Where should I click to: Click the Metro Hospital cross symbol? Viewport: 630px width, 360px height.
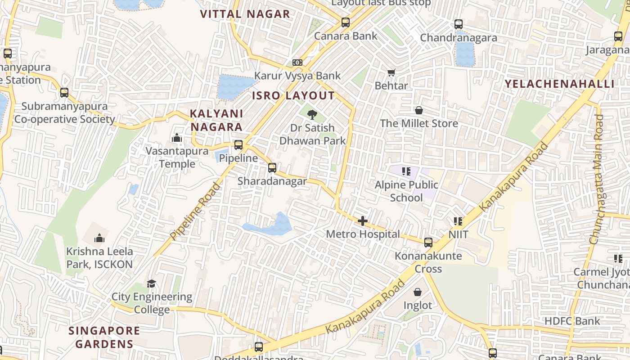click(x=362, y=221)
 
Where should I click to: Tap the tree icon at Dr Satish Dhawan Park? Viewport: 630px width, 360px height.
click(x=312, y=115)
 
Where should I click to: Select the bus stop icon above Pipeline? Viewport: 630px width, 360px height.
click(x=238, y=145)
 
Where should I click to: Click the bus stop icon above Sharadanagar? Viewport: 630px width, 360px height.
click(x=272, y=168)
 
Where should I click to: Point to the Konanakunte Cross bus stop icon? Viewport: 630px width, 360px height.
click(x=428, y=243)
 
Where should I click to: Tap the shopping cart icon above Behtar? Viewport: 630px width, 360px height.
click(x=391, y=72)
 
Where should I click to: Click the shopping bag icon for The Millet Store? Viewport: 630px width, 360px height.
click(x=419, y=110)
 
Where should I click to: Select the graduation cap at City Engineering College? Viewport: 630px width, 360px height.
click(x=152, y=283)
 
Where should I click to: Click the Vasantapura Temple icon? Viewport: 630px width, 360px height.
click(x=177, y=138)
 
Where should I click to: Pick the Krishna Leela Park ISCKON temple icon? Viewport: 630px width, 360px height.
click(x=99, y=238)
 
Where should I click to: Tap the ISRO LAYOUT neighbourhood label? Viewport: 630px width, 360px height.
click(x=293, y=95)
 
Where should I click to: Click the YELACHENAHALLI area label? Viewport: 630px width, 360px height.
click(x=559, y=84)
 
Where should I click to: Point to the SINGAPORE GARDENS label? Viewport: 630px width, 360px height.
click(x=104, y=337)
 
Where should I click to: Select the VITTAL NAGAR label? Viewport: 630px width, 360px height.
click(x=245, y=14)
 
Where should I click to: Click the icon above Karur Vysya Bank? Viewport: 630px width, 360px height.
click(x=297, y=63)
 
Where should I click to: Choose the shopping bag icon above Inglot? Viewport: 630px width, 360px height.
click(x=418, y=292)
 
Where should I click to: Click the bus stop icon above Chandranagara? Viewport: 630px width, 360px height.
click(x=459, y=24)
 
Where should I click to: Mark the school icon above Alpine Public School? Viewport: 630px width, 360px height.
click(x=406, y=171)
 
